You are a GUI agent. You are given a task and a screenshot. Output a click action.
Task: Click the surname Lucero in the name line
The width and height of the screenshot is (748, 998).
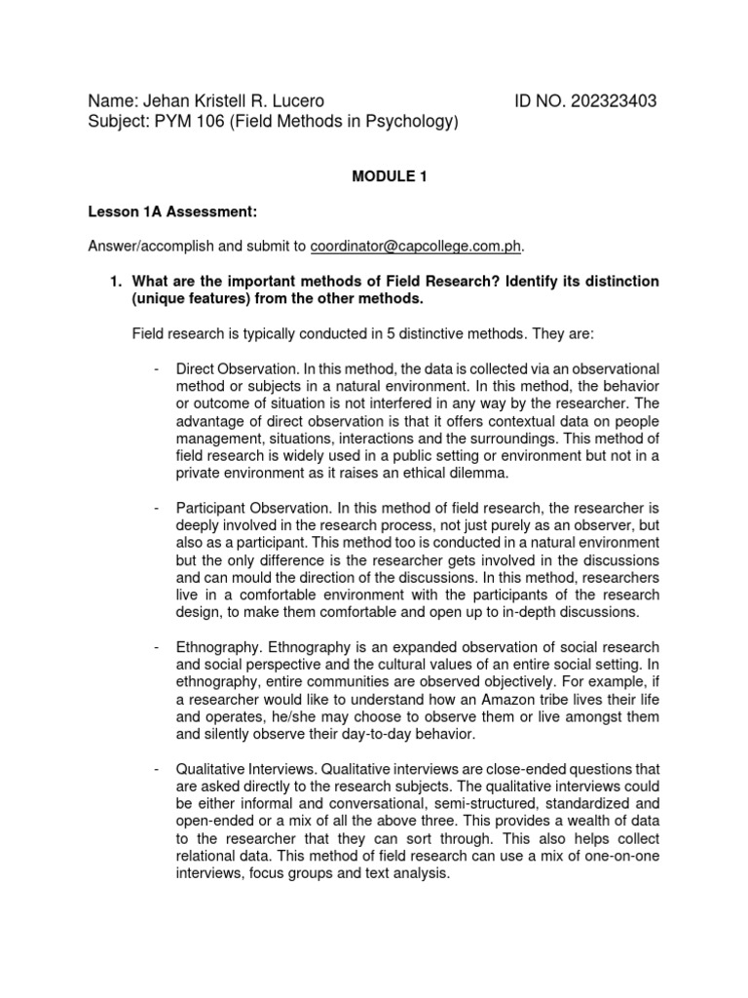(290, 101)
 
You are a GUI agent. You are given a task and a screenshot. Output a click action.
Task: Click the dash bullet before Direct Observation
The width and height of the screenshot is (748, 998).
(156, 369)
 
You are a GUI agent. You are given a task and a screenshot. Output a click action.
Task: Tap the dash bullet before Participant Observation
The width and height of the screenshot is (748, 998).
(156, 508)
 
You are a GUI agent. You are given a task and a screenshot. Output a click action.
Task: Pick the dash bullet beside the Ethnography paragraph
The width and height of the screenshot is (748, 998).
(156, 647)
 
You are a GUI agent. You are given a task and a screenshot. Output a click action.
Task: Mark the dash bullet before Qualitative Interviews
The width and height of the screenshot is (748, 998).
(156, 769)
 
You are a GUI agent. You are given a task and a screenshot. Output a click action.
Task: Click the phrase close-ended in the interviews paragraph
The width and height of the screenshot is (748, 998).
(458, 770)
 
